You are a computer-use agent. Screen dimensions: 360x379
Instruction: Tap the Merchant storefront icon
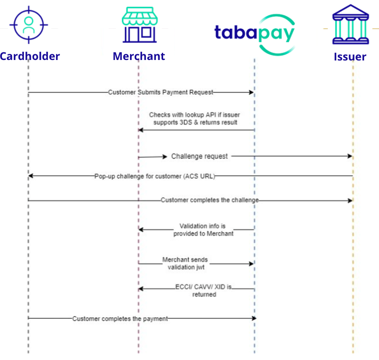pyautogui.click(x=139, y=25)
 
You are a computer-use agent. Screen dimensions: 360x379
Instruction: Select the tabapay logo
pyautogui.click(x=254, y=33)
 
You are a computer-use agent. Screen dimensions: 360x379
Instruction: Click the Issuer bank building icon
pyautogui.click(x=350, y=25)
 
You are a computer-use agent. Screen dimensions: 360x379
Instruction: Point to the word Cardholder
pyautogui.click(x=30, y=56)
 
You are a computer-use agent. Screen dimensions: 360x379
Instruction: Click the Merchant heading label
pyautogui.click(x=139, y=56)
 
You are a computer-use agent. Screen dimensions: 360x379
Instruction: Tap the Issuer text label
pyautogui.click(x=350, y=57)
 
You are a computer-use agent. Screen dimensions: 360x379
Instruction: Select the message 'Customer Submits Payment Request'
pyautogui.click(x=160, y=92)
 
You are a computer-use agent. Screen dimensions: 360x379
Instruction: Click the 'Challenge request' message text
pyautogui.click(x=200, y=156)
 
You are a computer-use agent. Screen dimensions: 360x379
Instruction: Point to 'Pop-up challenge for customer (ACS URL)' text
pyautogui.click(x=154, y=176)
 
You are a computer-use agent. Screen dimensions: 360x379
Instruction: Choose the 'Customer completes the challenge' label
pyautogui.click(x=210, y=200)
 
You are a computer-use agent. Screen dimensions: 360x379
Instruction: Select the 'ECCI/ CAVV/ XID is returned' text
pyautogui.click(x=204, y=291)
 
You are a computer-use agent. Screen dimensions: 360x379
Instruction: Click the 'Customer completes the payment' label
pyautogui.click(x=120, y=318)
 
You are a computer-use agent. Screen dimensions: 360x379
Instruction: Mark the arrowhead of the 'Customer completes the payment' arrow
pyautogui.click(x=254, y=318)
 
